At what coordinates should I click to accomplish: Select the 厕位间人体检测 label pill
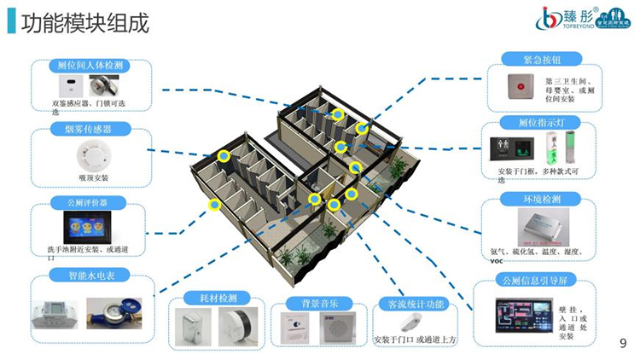tap(90, 65)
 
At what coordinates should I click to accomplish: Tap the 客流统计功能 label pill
tap(415, 303)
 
